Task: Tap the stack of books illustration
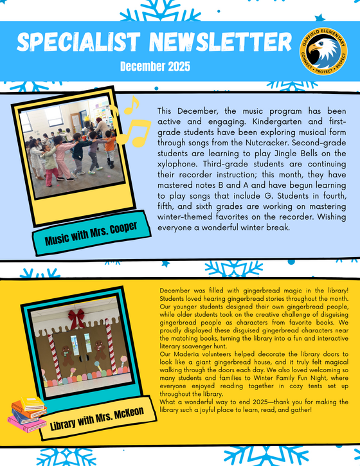[27, 415]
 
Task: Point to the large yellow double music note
[132, 132]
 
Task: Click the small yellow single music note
[131, 104]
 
